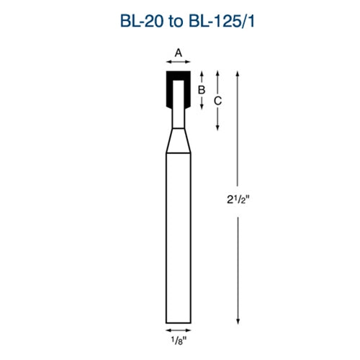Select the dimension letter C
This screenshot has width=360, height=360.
coord(217,101)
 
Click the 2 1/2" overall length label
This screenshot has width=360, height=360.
coord(236,195)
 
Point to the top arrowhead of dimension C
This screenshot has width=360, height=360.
coord(217,73)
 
